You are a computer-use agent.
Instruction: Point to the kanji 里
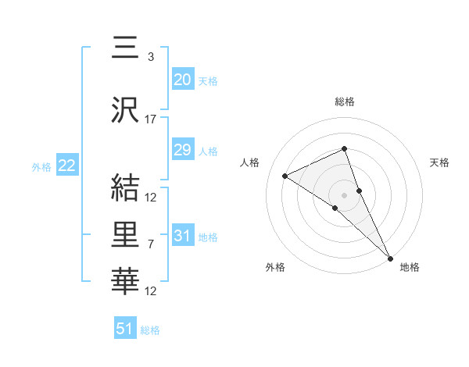[125, 234]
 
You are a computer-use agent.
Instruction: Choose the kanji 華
[125, 280]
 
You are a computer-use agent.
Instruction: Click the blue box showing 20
[182, 80]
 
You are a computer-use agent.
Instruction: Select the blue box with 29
[182, 150]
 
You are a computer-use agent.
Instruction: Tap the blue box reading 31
[182, 236]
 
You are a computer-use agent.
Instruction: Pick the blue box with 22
[66, 166]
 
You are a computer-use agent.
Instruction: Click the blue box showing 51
[125, 329]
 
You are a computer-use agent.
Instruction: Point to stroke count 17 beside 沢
[151, 119]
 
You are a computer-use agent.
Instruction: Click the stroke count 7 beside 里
[151, 244]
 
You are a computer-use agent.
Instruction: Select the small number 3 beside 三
[150, 56]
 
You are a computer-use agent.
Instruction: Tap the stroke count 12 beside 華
[151, 291]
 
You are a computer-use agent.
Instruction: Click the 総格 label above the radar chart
[345, 102]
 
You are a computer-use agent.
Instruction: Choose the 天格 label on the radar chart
[440, 162]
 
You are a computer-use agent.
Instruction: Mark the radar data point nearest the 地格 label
[388, 256]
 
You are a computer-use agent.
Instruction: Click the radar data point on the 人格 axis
[285, 176]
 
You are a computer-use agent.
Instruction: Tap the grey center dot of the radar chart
[344, 194]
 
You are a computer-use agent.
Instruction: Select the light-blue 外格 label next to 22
[41, 166]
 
